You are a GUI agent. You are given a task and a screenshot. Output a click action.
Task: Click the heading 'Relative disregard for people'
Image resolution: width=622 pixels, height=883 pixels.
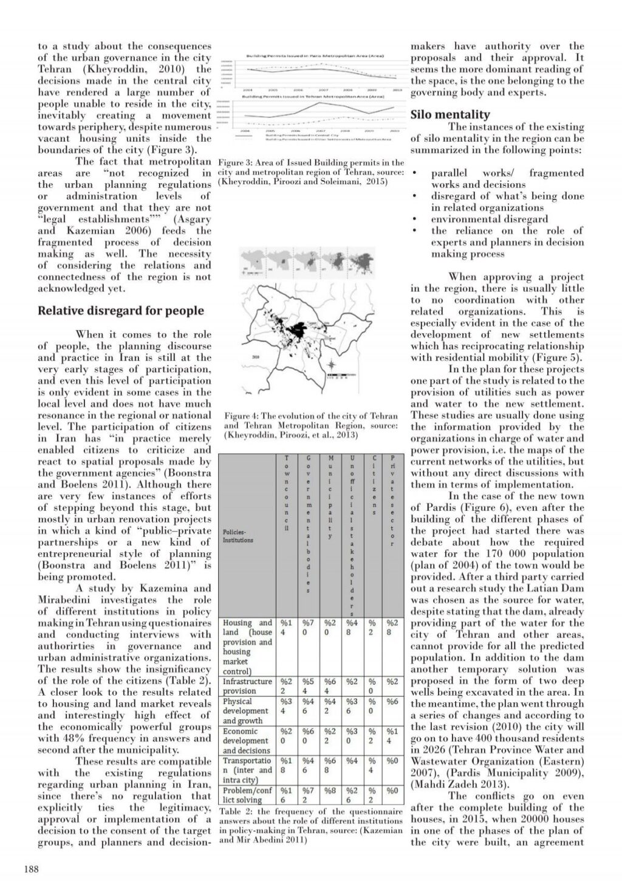121,311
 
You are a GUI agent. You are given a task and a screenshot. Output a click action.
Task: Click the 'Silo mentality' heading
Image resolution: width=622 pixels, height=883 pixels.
450,114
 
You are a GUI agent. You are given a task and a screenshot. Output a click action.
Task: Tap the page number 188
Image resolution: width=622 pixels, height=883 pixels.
31,869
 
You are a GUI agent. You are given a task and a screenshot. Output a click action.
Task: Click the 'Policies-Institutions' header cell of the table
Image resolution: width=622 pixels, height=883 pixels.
238,535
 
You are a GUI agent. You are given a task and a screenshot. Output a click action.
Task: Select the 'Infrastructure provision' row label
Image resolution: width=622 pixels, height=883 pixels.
248,686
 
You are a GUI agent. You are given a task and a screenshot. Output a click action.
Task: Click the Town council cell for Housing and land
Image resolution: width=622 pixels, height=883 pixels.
285,628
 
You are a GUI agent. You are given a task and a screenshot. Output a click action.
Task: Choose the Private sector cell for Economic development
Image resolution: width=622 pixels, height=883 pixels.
392,736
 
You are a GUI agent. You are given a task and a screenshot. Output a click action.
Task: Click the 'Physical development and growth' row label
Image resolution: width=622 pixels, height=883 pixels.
246,711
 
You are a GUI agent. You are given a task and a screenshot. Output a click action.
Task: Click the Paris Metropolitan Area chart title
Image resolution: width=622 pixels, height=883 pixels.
315,55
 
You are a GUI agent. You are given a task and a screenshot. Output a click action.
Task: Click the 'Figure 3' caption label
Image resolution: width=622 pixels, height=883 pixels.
236,162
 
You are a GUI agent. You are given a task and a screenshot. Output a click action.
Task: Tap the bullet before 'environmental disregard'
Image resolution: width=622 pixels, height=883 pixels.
414,220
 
